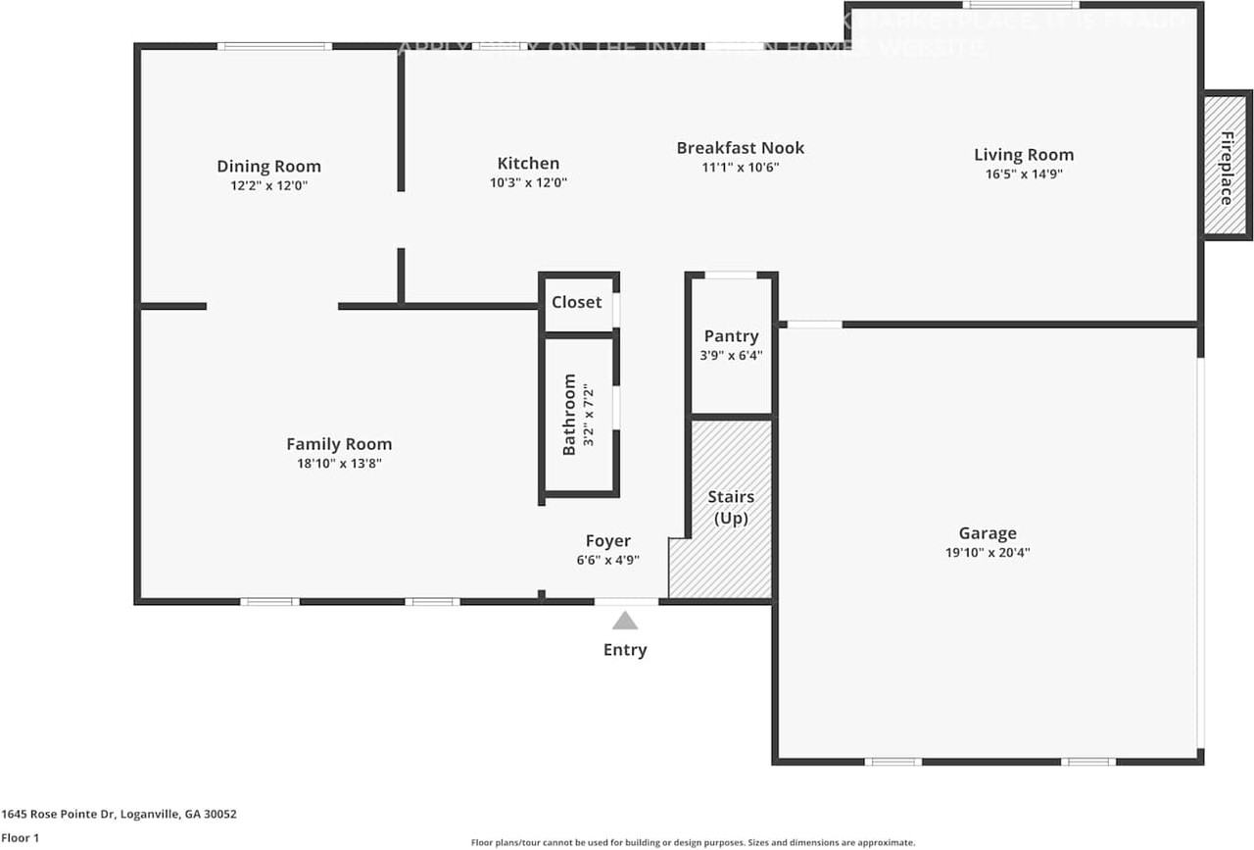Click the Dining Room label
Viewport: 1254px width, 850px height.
[268, 166]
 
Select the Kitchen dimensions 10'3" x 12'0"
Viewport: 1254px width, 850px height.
[528, 182]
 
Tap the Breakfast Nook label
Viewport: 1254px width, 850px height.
[740, 148]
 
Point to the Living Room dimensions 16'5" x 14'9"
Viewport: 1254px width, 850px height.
[1024, 174]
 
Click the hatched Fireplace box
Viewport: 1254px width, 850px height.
[1227, 166]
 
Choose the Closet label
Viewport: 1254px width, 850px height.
[576, 302]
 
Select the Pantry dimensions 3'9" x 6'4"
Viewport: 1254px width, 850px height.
[731, 356]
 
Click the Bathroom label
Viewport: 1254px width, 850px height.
[569, 415]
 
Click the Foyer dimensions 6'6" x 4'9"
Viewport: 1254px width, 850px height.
[607, 560]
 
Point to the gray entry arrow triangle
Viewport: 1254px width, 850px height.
[625, 621]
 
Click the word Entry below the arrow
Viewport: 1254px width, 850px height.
[625, 650]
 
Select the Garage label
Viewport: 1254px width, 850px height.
[987, 533]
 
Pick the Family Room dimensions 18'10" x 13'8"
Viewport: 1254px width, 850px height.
[339, 464]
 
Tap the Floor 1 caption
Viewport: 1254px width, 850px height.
[21, 838]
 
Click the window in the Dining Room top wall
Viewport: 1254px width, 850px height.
[274, 46]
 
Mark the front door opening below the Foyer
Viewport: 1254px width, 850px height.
[626, 601]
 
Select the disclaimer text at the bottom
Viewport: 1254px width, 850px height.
[693, 842]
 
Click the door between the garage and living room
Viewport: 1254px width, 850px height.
[814, 325]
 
